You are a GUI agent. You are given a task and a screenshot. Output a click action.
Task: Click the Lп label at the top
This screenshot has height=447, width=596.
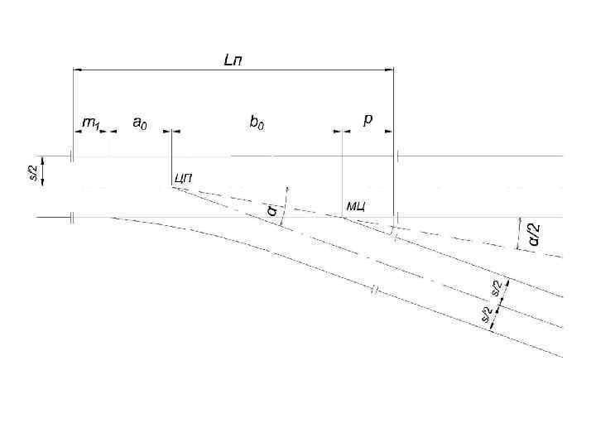click(234, 60)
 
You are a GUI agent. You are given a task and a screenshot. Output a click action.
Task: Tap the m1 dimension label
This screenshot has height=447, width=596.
click(90, 124)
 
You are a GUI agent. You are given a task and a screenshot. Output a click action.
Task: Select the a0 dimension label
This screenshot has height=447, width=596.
click(140, 123)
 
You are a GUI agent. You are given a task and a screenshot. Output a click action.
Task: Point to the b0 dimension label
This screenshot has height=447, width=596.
click(257, 123)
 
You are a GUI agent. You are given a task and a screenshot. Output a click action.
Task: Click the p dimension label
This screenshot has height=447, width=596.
click(368, 120)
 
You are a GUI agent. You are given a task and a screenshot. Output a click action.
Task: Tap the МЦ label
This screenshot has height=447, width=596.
click(356, 204)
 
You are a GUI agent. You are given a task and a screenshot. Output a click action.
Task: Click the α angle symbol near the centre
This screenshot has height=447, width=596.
click(272, 211)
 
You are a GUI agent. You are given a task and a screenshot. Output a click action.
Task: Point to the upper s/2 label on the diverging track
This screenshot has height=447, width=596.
click(496, 287)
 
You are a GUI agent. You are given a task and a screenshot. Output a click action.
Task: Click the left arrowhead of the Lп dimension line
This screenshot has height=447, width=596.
click(78, 70)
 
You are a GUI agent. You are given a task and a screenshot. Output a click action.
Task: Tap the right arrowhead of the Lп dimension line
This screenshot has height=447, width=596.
click(389, 70)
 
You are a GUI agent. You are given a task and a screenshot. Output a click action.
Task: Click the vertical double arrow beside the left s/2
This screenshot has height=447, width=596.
click(44, 172)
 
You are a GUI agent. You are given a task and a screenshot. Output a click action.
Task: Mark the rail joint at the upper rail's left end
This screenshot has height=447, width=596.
click(73, 156)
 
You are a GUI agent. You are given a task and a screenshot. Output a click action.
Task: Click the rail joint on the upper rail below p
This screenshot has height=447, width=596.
click(397, 156)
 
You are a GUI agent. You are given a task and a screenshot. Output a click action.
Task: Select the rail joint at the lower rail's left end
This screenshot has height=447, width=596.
click(73, 217)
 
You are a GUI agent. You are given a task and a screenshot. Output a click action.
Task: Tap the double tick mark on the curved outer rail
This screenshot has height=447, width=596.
click(374, 290)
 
